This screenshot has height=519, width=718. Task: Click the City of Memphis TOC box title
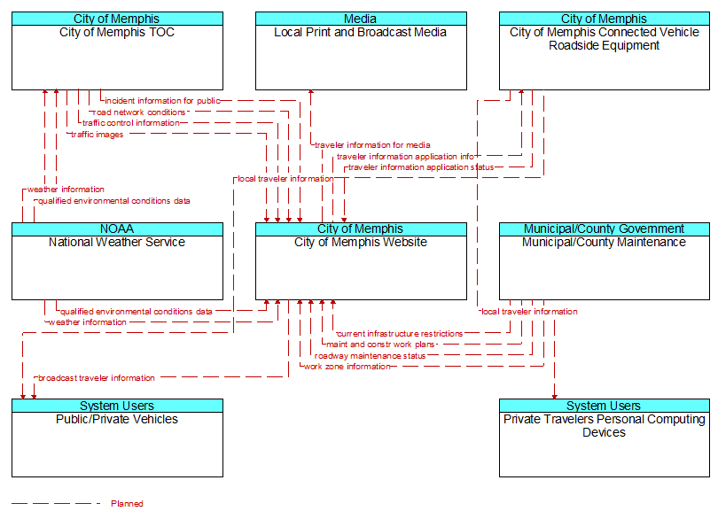click(117, 33)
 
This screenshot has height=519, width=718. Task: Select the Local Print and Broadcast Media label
click(361, 33)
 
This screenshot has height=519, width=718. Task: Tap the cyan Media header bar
click(361, 19)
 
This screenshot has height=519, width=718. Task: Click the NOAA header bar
click(117, 229)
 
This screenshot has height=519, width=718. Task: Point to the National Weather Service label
click(117, 242)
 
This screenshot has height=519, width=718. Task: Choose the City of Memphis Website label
click(361, 242)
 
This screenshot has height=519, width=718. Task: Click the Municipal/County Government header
click(605, 229)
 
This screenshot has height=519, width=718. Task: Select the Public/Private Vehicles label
click(117, 419)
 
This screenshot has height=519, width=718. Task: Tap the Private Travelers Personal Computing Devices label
click(604, 426)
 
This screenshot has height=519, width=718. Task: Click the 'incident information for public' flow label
click(162, 101)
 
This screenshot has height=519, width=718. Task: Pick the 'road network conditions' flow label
click(139, 112)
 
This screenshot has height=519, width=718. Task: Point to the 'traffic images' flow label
click(98, 135)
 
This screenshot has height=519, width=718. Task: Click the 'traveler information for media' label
click(372, 145)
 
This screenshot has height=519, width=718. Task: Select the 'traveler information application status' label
click(421, 167)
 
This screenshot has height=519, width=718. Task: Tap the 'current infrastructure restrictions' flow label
click(400, 334)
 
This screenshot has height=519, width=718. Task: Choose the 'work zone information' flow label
click(347, 367)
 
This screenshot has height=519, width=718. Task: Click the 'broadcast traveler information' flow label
click(97, 378)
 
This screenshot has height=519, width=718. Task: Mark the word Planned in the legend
click(127, 504)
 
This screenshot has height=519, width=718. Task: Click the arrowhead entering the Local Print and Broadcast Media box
click(311, 92)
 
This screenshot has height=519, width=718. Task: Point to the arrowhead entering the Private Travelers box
click(555, 397)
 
